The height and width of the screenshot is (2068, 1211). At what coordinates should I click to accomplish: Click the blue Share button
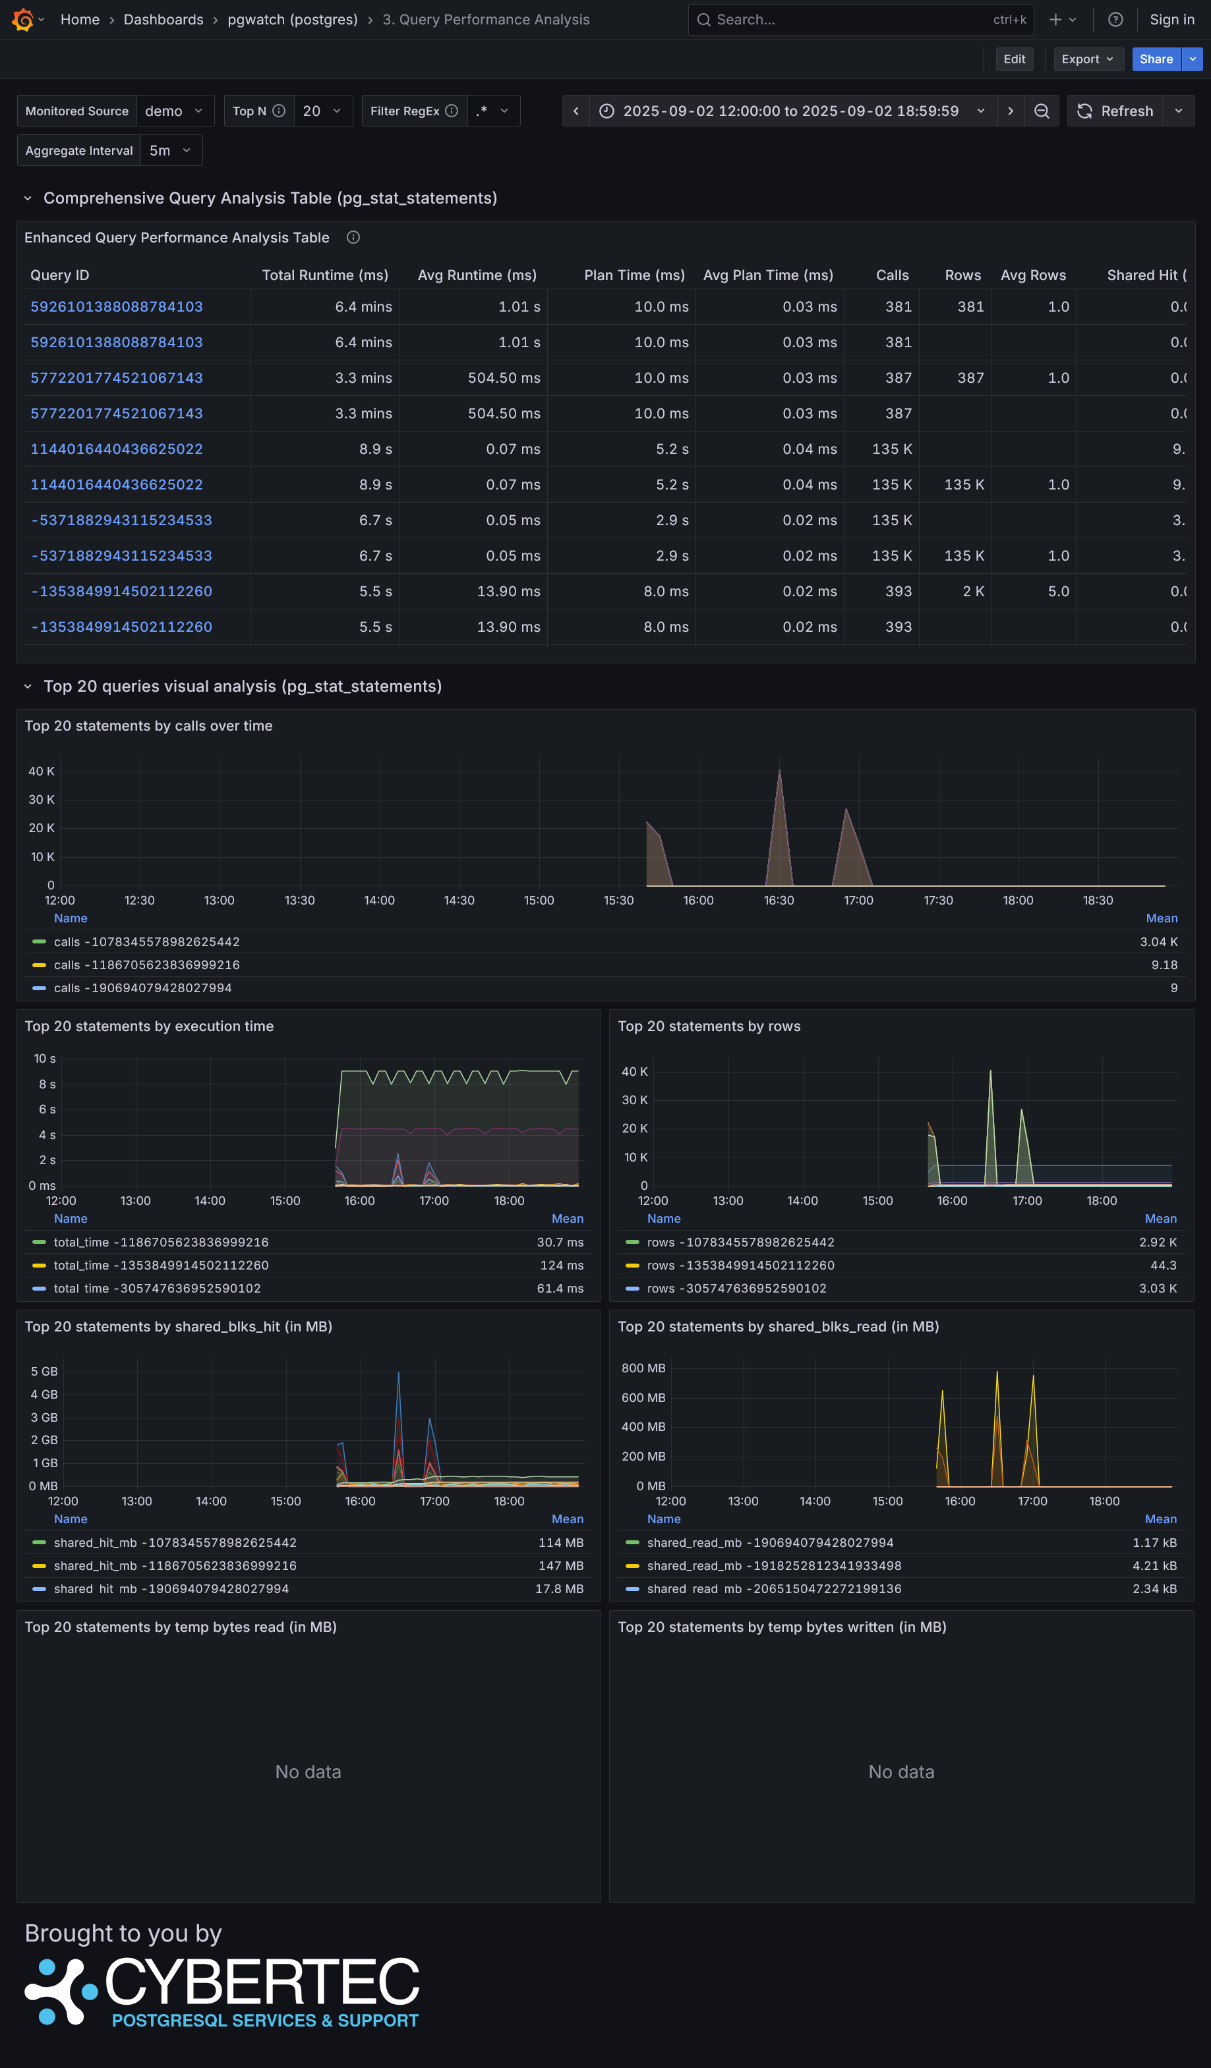coord(1155,59)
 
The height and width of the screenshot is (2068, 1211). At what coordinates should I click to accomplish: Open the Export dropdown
coord(1087,59)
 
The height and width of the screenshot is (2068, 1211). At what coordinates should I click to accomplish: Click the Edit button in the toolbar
coord(1014,59)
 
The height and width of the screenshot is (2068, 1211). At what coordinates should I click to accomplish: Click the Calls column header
coord(892,275)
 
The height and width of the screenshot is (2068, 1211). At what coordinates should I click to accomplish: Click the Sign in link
coord(1171,20)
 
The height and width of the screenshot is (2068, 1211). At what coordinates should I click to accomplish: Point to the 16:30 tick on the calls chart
coord(779,900)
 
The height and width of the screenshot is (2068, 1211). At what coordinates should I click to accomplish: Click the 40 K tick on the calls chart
coord(41,771)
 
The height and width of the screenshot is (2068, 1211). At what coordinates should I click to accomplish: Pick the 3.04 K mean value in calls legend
coord(1158,941)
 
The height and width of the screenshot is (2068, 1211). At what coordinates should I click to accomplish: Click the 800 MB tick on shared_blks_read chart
coord(643,1368)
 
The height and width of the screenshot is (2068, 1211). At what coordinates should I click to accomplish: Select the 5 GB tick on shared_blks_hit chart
coord(44,1371)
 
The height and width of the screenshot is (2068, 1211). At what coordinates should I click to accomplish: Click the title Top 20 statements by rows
coord(709,1026)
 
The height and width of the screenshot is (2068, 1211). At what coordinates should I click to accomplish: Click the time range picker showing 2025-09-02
coord(790,111)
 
